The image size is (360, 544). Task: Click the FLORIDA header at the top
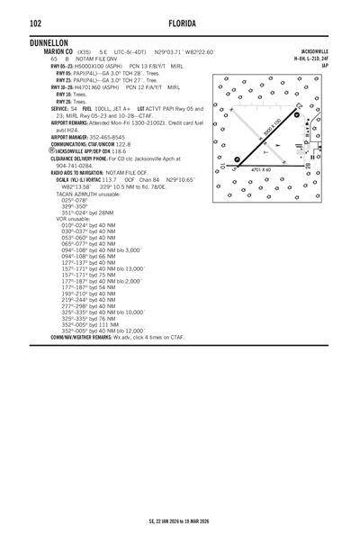(179, 21)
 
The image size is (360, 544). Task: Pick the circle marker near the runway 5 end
(237, 159)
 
